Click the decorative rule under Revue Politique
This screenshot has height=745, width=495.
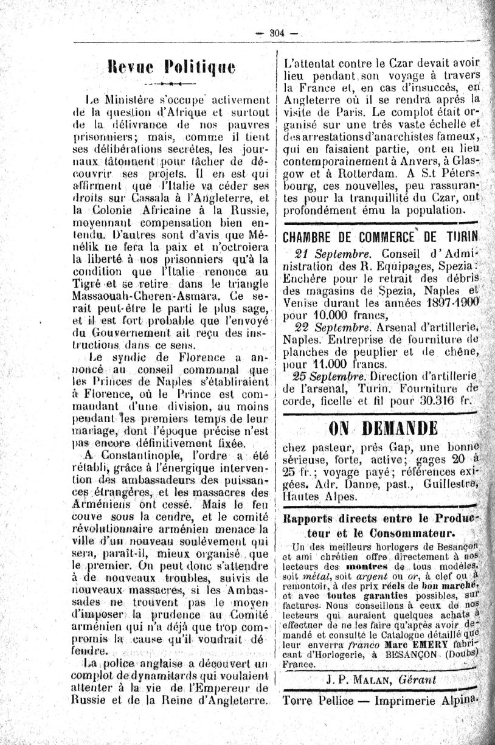click(165, 81)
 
